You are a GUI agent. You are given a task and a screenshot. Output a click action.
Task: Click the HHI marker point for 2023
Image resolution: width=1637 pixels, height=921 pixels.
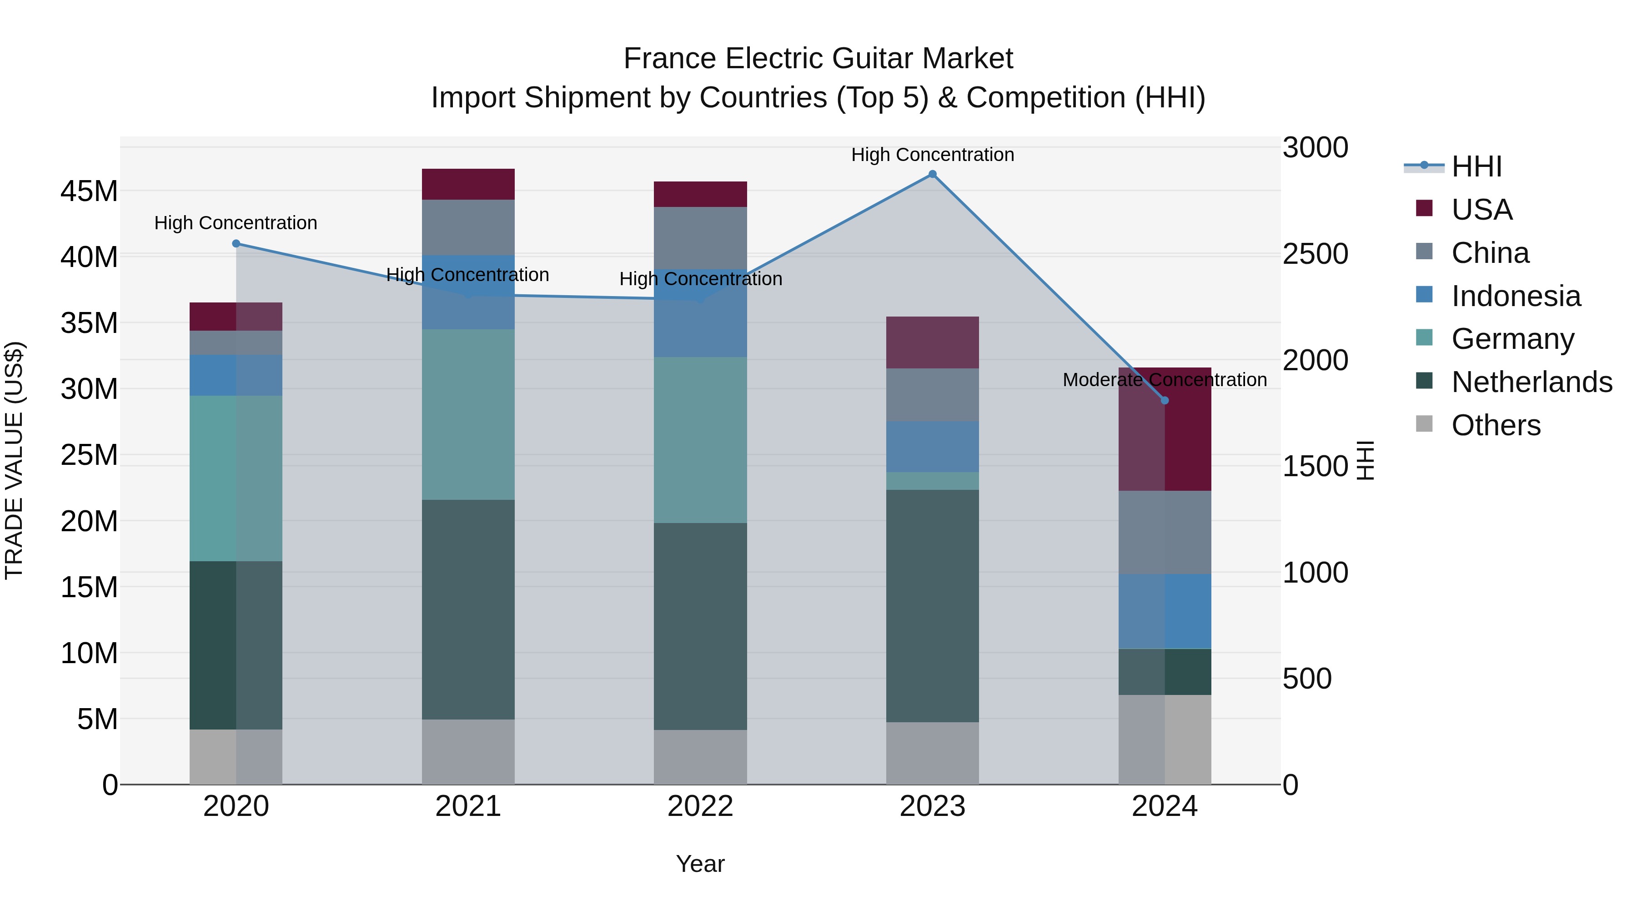(x=932, y=174)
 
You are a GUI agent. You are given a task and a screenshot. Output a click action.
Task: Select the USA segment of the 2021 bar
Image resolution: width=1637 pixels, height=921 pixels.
(x=468, y=184)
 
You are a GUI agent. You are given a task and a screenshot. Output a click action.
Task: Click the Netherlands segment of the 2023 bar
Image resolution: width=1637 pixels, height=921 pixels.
(x=932, y=606)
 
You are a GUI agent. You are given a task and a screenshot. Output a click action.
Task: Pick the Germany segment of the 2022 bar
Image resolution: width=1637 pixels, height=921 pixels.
(x=700, y=440)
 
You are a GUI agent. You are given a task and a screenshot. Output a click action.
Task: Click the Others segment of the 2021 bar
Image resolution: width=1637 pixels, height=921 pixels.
(x=468, y=752)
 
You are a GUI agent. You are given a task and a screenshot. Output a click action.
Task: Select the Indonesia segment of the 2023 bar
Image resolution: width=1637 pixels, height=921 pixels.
(x=932, y=446)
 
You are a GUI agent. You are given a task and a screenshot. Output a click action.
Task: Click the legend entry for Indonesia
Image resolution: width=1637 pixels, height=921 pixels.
(x=1516, y=296)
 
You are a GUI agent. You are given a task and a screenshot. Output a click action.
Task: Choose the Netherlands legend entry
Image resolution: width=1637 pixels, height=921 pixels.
(x=1532, y=382)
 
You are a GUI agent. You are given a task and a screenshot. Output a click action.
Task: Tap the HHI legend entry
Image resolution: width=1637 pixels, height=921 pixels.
(x=1476, y=166)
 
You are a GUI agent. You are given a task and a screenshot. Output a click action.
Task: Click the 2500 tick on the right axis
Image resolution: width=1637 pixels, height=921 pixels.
(x=1315, y=254)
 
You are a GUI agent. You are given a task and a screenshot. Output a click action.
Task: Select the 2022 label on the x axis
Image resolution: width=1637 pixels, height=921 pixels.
(x=700, y=806)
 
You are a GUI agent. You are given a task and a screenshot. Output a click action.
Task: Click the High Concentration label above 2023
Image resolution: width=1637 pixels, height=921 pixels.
(x=932, y=155)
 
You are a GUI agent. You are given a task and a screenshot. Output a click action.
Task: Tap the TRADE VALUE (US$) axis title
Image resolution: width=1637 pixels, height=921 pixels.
(x=14, y=460)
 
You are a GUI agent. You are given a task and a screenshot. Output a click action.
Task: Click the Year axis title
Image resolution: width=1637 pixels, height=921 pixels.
(x=700, y=864)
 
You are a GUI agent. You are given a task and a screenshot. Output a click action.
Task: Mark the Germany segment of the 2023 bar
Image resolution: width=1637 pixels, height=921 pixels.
(x=932, y=481)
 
